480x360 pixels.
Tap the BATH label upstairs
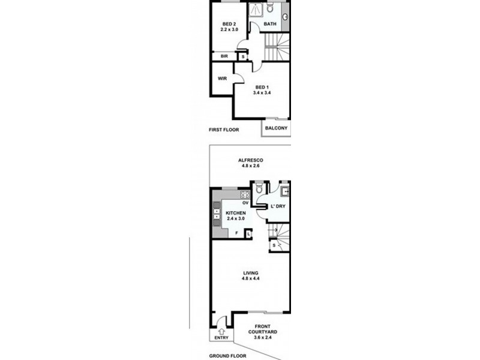coord(270,25)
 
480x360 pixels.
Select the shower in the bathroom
coord(256,10)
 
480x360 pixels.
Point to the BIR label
coord(224,56)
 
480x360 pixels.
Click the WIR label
coord(221,78)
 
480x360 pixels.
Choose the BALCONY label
coord(276,128)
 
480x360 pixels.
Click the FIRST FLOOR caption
coord(224,130)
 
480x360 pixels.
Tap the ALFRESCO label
coord(250,160)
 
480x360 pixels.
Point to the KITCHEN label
coord(236,214)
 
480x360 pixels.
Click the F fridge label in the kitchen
coord(236,233)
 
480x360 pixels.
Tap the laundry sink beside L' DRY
coord(285,193)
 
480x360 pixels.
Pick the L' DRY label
coord(277,206)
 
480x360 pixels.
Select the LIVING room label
coord(250,273)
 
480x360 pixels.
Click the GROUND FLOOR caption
coord(229,356)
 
